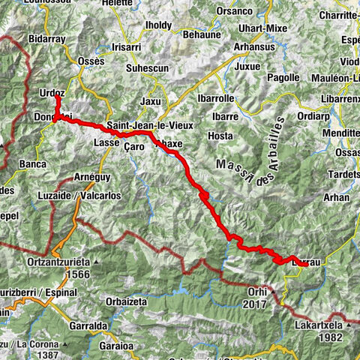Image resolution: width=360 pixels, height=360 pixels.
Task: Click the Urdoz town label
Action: [x=52, y=91]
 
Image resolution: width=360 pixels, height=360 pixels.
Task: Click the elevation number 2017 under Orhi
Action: [x=256, y=304]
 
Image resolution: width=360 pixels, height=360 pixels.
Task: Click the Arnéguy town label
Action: [x=92, y=176]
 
